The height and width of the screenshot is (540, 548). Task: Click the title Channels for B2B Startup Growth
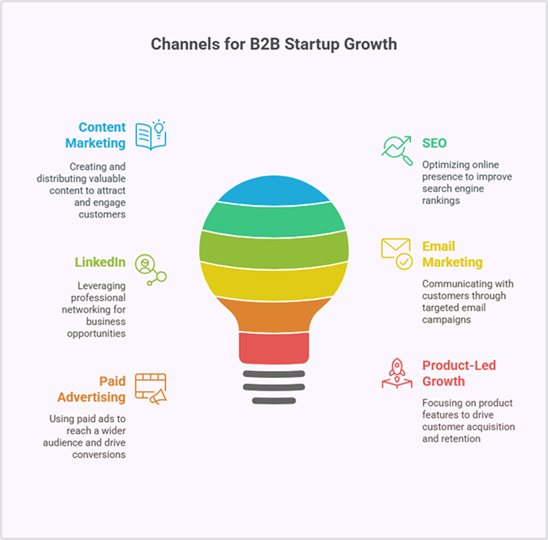click(273, 44)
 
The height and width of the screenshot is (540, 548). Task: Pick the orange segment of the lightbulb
click(273, 313)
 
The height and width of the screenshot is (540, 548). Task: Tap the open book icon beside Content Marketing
click(151, 135)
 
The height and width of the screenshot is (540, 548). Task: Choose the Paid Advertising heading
click(91, 389)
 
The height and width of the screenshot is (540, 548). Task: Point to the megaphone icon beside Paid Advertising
click(151, 389)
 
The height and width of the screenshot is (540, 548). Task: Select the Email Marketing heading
click(452, 254)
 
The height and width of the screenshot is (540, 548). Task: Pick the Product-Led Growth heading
click(459, 373)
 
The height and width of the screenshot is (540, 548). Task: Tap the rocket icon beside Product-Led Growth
click(397, 373)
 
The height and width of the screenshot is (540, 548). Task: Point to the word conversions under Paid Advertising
click(98, 454)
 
